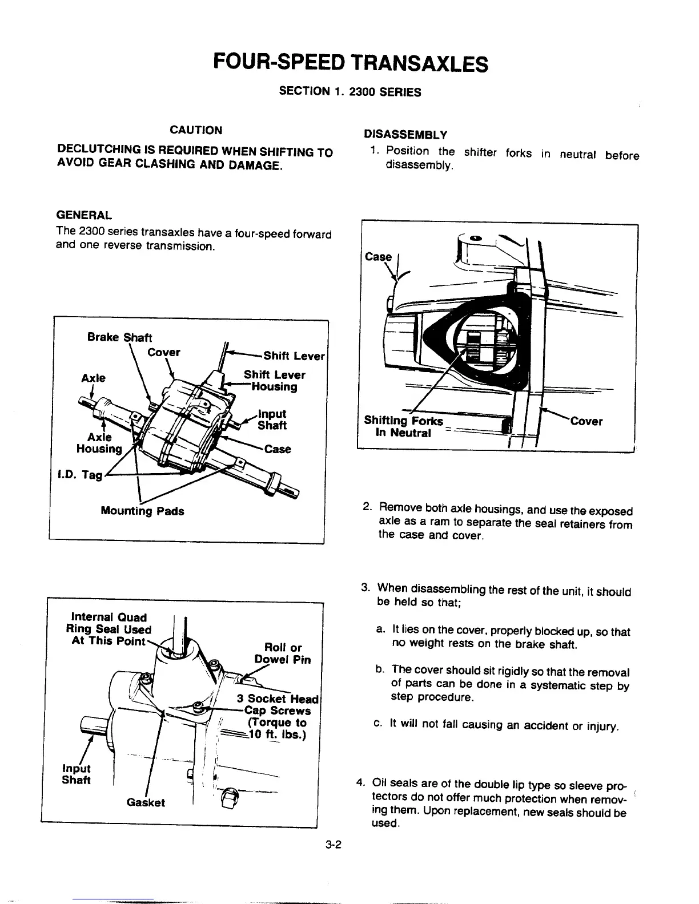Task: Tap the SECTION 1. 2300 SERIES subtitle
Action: (x=349, y=91)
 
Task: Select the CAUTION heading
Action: (x=196, y=130)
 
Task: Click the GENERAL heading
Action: (x=84, y=215)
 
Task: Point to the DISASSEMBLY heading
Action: (x=405, y=135)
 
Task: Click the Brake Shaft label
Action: (x=119, y=337)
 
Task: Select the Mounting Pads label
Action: (x=142, y=511)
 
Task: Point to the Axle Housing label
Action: (x=99, y=443)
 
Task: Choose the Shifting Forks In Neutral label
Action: (x=403, y=427)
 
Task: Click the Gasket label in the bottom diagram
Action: (x=146, y=802)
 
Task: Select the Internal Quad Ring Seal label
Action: (x=109, y=629)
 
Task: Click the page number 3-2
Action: (x=333, y=845)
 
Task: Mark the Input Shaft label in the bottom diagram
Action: (x=76, y=774)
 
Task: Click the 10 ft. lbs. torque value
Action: (x=278, y=734)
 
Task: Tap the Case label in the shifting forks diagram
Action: (x=378, y=257)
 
